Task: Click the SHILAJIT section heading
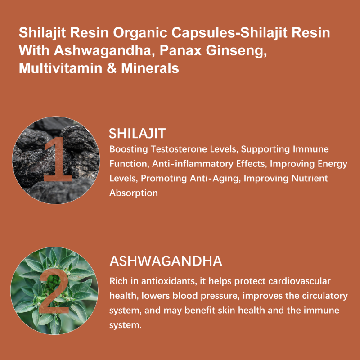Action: tap(138, 133)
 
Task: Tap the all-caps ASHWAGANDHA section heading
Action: tap(166, 261)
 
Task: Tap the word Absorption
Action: tap(134, 193)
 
